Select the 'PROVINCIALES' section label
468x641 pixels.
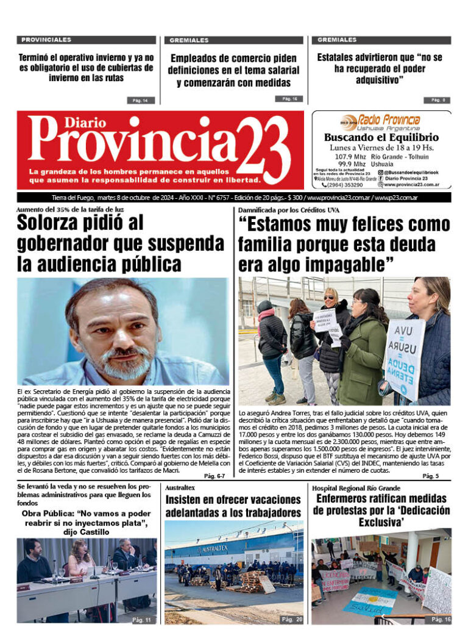coord(46,40)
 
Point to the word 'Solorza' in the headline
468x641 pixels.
coord(56,223)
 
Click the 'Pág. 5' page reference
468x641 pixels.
coord(431,476)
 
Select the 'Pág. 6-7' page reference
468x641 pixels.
coord(214,476)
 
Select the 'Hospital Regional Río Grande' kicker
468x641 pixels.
coord(356,488)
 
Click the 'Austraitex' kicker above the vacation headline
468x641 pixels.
coord(180,488)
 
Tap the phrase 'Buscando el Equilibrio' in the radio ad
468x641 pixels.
coord(381,137)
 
